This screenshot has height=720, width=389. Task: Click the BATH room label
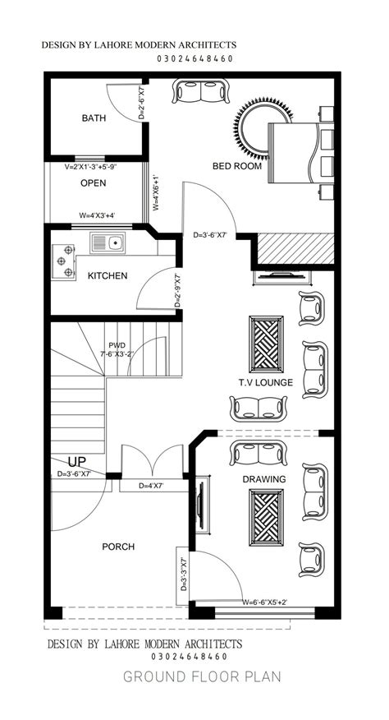pyautogui.click(x=94, y=118)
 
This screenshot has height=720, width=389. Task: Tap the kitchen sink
pyautogui.click(x=108, y=242)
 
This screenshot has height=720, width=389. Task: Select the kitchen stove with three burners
pyautogui.click(x=63, y=261)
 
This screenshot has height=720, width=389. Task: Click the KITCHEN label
pyautogui.click(x=108, y=276)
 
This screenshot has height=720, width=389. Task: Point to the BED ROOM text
pyautogui.click(x=237, y=166)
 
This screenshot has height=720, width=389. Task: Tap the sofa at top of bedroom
pyautogui.click(x=200, y=91)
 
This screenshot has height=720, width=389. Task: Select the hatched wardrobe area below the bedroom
pyautogui.click(x=295, y=248)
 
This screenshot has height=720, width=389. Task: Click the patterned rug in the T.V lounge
pyautogui.click(x=266, y=344)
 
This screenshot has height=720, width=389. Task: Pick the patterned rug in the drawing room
pyautogui.click(x=266, y=517)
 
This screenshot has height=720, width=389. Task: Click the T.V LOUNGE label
pyautogui.click(x=266, y=382)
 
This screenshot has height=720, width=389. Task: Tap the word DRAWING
pyautogui.click(x=264, y=479)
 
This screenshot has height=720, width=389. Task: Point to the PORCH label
pyautogui.click(x=118, y=547)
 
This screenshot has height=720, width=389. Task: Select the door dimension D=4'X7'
pyautogui.click(x=151, y=486)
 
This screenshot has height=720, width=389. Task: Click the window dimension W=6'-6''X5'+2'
pyautogui.click(x=265, y=602)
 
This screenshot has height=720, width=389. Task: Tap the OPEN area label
pyautogui.click(x=93, y=183)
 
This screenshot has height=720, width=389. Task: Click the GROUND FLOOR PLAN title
pyautogui.click(x=202, y=676)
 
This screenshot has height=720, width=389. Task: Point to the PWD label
pyautogui.click(x=117, y=345)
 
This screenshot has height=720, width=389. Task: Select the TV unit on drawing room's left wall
pyautogui.click(x=203, y=504)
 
